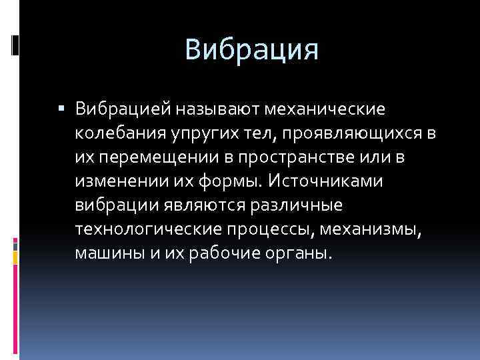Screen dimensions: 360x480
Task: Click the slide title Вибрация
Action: pyautogui.click(x=252, y=49)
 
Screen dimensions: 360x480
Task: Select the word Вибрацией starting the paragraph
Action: pyautogui.click(x=125, y=108)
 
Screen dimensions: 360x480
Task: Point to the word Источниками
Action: pyautogui.click(x=324, y=182)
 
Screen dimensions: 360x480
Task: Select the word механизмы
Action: pyautogui.click(x=383, y=231)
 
